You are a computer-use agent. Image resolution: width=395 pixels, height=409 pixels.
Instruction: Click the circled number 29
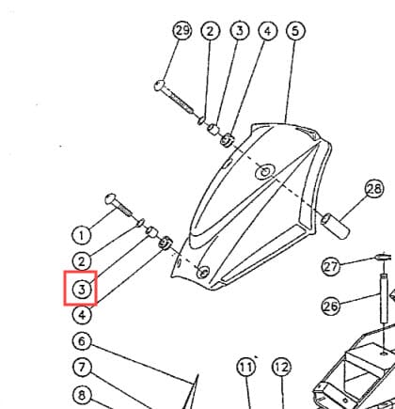click(182, 31)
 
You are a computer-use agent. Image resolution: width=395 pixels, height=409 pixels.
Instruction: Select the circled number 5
click(295, 31)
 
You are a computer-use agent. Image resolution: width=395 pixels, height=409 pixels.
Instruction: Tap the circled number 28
click(374, 189)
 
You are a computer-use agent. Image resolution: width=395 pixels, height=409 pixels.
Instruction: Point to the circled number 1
click(82, 235)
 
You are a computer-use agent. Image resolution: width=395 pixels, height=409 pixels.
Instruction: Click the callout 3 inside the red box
click(82, 289)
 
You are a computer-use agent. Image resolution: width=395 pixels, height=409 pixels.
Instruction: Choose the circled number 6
click(82, 341)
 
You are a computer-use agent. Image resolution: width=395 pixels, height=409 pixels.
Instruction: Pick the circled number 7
click(82, 367)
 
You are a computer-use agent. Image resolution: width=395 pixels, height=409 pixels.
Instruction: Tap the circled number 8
click(82, 395)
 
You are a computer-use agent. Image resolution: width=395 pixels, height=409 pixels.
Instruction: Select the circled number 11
click(246, 367)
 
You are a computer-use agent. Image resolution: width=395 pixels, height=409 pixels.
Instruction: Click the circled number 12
click(281, 367)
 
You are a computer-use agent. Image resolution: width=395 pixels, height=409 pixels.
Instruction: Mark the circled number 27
click(331, 267)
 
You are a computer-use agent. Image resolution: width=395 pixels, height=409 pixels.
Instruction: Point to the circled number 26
click(331, 306)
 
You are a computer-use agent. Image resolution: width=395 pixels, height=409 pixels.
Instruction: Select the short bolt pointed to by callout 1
click(118, 205)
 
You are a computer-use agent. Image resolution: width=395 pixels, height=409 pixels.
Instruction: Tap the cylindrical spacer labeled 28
click(335, 226)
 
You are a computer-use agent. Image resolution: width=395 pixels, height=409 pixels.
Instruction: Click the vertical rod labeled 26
click(384, 298)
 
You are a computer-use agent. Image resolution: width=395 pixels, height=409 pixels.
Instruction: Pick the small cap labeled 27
click(383, 258)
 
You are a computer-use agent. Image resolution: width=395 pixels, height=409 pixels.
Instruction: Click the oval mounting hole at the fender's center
click(265, 172)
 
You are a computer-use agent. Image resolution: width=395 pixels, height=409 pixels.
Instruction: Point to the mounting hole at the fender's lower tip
click(203, 272)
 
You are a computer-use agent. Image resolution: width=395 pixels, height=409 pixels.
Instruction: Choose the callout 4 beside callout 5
click(267, 31)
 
